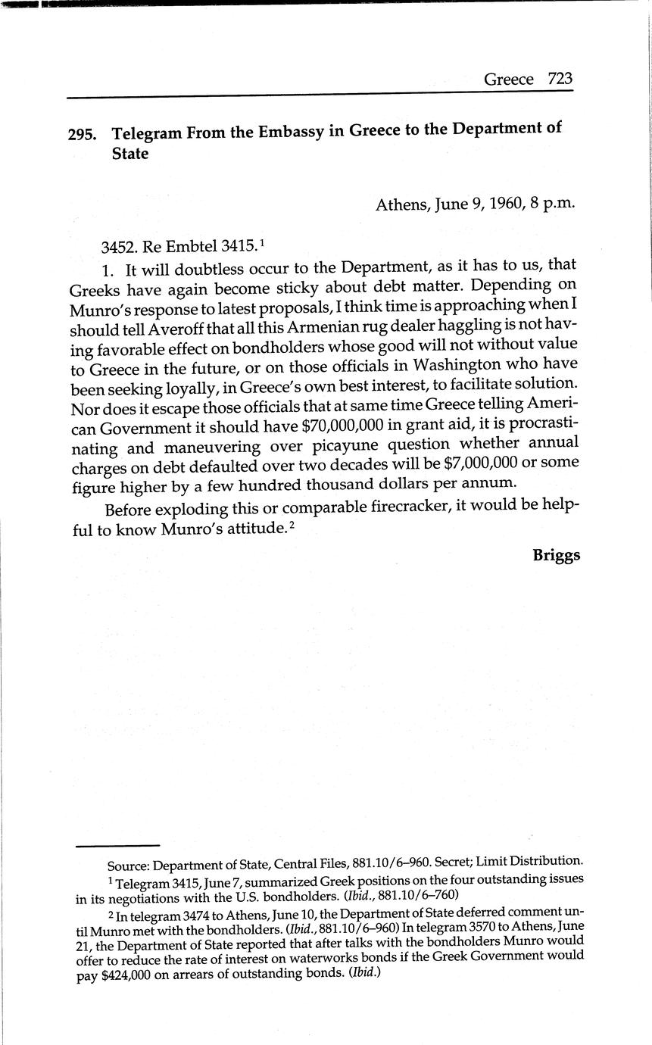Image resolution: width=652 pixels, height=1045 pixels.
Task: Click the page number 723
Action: (557, 79)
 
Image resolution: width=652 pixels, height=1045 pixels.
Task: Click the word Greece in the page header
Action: (508, 80)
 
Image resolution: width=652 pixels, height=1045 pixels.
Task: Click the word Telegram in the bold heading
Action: (148, 133)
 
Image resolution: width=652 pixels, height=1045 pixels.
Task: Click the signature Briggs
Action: (556, 555)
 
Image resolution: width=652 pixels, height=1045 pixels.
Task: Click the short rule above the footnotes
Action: (117, 845)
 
